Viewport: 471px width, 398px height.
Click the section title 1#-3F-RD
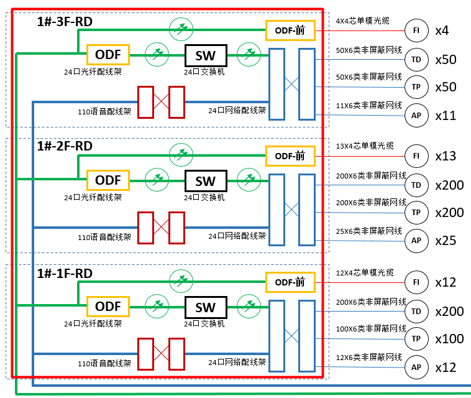pos(65,22)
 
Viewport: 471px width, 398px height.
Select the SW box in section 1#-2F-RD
pos(206,181)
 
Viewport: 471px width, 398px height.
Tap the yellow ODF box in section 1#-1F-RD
pos(108,307)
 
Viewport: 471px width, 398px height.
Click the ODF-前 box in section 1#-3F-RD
pos(290,29)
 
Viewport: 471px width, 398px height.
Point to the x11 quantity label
pos(446,116)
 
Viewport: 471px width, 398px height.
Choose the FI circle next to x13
pos(416,155)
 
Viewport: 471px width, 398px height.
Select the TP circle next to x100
pos(416,339)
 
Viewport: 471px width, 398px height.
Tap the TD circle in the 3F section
pos(416,60)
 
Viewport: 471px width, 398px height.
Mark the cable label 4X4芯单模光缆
pos(362,21)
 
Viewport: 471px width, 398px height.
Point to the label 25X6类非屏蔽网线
pos(369,231)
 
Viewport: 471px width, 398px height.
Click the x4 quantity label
pos(442,30)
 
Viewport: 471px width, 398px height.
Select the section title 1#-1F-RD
pos(65,274)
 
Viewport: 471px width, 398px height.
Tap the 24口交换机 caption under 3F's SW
pos(205,72)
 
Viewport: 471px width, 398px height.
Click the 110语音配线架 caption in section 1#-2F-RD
pos(104,237)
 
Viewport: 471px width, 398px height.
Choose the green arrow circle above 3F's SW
pos(181,26)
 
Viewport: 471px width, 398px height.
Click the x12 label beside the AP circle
pos(446,368)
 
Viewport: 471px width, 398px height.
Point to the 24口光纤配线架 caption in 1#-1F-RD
pos(93,323)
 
